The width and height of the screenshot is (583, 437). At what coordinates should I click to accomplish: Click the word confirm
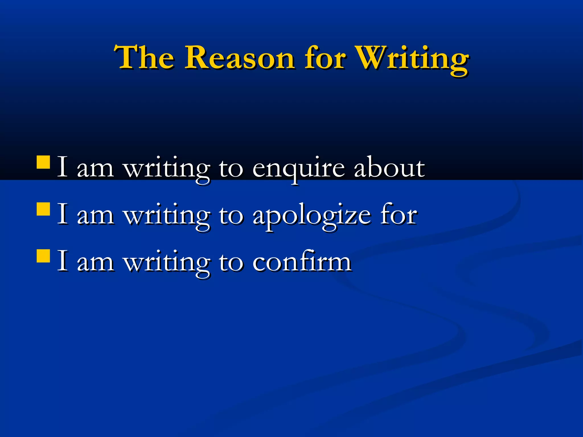pos(302,262)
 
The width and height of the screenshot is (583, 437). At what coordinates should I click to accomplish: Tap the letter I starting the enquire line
pos(62,167)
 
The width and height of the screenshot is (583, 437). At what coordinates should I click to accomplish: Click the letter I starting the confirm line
pos(62,261)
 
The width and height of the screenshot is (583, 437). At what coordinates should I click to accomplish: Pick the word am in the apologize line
pos(95,216)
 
